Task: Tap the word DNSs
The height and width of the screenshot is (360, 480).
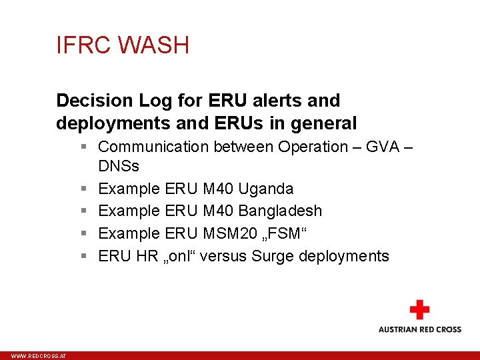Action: [x=118, y=165]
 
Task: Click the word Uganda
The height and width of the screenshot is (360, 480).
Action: [x=265, y=189]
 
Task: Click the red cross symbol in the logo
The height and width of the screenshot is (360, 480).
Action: [x=419, y=310]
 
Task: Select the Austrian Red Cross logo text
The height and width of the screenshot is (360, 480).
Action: [x=419, y=329]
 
